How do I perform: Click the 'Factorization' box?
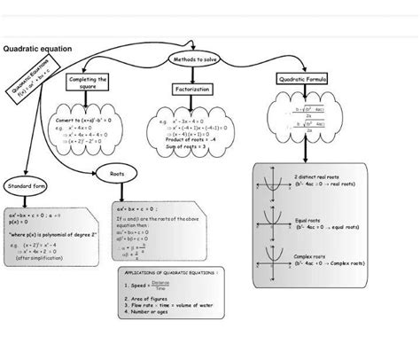pyautogui.click(x=192, y=90)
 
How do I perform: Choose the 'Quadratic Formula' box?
pyautogui.click(x=303, y=80)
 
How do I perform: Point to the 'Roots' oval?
pyautogui.click(x=116, y=175)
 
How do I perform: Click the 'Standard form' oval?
pyautogui.click(x=27, y=187)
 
